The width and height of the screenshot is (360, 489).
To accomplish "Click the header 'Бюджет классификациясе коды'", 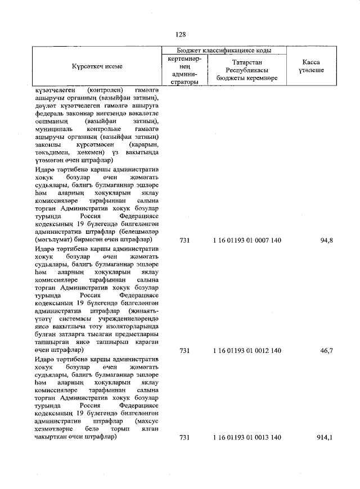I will pos(224,50).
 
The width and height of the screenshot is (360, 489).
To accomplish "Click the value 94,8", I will pos(327,241).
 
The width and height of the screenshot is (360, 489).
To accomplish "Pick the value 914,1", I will pos(325,437).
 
